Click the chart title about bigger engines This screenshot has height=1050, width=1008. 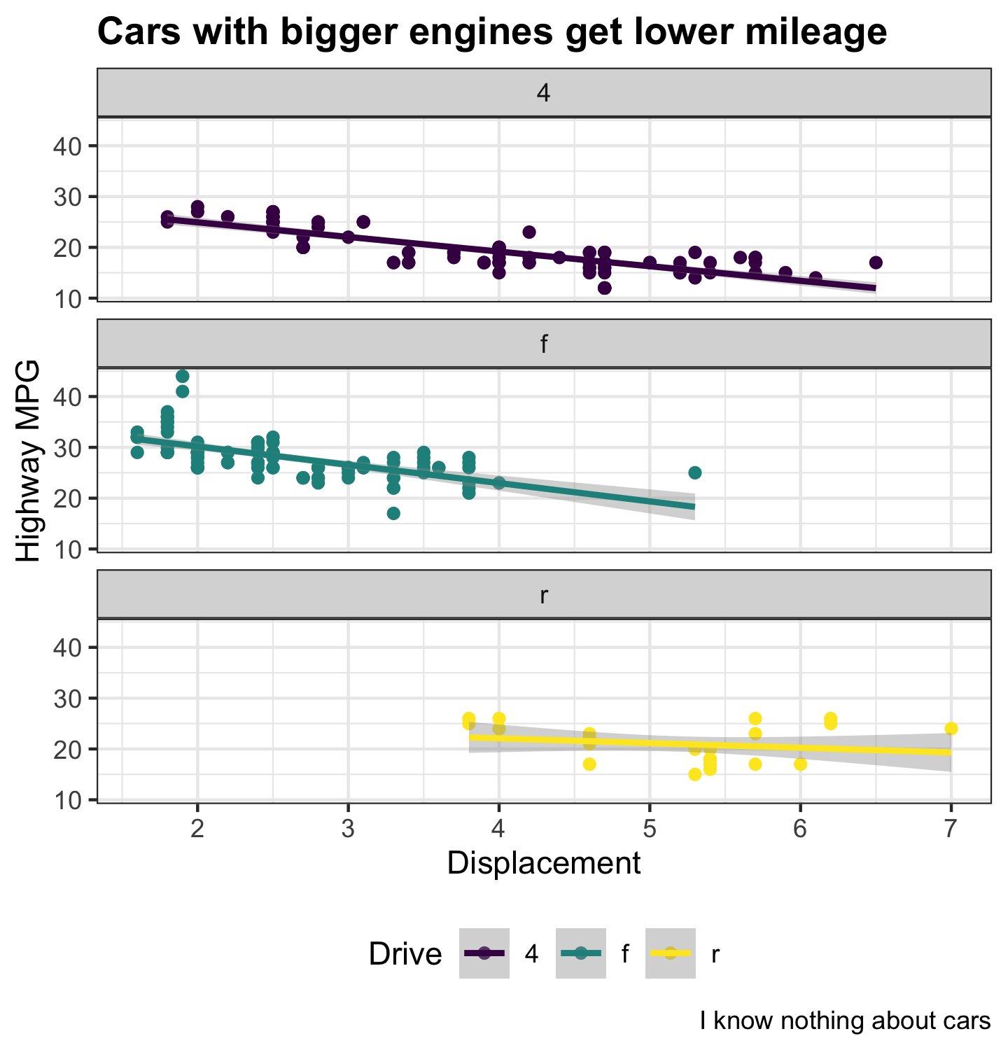pos(491,32)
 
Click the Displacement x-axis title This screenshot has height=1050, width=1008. pos(544,863)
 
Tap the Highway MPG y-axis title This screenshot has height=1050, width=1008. pos(28,461)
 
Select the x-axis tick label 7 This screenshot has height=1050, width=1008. pos(951,829)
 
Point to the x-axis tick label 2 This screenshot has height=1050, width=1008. pos(197,829)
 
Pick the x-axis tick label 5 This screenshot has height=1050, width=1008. pos(650,829)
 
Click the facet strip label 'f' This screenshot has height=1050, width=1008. pos(544,344)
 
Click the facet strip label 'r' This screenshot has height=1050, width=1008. pos(544,595)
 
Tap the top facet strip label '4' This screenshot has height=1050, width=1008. pos(544,93)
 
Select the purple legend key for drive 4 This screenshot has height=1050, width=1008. pos(484,953)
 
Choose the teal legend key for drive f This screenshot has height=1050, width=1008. pos(580,953)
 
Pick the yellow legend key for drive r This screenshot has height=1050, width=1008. pos(671,953)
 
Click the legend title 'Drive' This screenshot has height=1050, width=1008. pos(405,954)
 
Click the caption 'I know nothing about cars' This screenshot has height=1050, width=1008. pos(845,1021)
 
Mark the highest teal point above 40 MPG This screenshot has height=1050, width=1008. pos(183,377)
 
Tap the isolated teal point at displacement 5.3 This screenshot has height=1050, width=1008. pos(694,472)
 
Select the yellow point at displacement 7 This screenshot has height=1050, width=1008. pos(951,729)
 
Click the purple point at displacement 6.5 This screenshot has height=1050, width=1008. pos(875,262)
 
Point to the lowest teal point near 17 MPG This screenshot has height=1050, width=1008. pos(393,513)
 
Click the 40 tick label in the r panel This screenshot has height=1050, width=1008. pos(67,647)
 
